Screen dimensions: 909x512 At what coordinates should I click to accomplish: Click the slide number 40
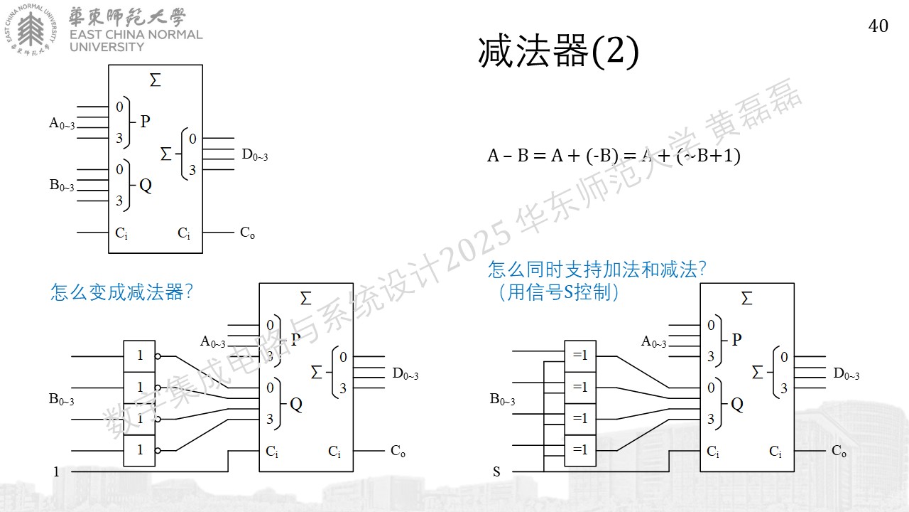click(x=878, y=26)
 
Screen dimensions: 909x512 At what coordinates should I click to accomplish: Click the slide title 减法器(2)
click(x=558, y=52)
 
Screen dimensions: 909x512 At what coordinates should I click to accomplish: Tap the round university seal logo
click(x=31, y=30)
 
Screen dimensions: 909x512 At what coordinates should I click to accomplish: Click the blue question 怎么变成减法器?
click(x=121, y=292)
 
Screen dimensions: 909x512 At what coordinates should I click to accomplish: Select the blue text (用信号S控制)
click(x=558, y=292)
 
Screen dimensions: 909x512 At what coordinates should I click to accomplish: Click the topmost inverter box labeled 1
click(x=139, y=356)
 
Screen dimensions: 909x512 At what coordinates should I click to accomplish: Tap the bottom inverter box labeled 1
click(x=139, y=451)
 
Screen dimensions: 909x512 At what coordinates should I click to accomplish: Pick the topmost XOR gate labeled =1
click(x=580, y=356)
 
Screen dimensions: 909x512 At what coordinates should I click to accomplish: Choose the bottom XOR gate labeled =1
click(x=580, y=451)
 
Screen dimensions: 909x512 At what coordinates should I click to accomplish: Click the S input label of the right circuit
click(x=496, y=471)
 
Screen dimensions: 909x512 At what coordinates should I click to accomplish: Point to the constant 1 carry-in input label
click(x=56, y=471)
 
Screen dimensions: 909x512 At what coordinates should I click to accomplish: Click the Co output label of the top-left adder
click(x=247, y=233)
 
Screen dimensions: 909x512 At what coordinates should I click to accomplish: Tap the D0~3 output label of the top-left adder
click(x=255, y=155)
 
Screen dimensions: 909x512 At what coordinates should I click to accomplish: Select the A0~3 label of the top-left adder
click(x=62, y=123)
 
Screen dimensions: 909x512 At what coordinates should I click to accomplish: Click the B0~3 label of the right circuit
click(x=502, y=400)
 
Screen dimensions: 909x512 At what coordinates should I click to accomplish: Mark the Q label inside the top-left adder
click(x=146, y=186)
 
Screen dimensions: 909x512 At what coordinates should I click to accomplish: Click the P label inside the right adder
click(x=737, y=340)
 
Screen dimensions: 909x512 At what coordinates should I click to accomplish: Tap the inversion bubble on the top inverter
click(x=158, y=356)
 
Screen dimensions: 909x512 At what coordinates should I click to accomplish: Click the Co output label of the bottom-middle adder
click(x=398, y=451)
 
